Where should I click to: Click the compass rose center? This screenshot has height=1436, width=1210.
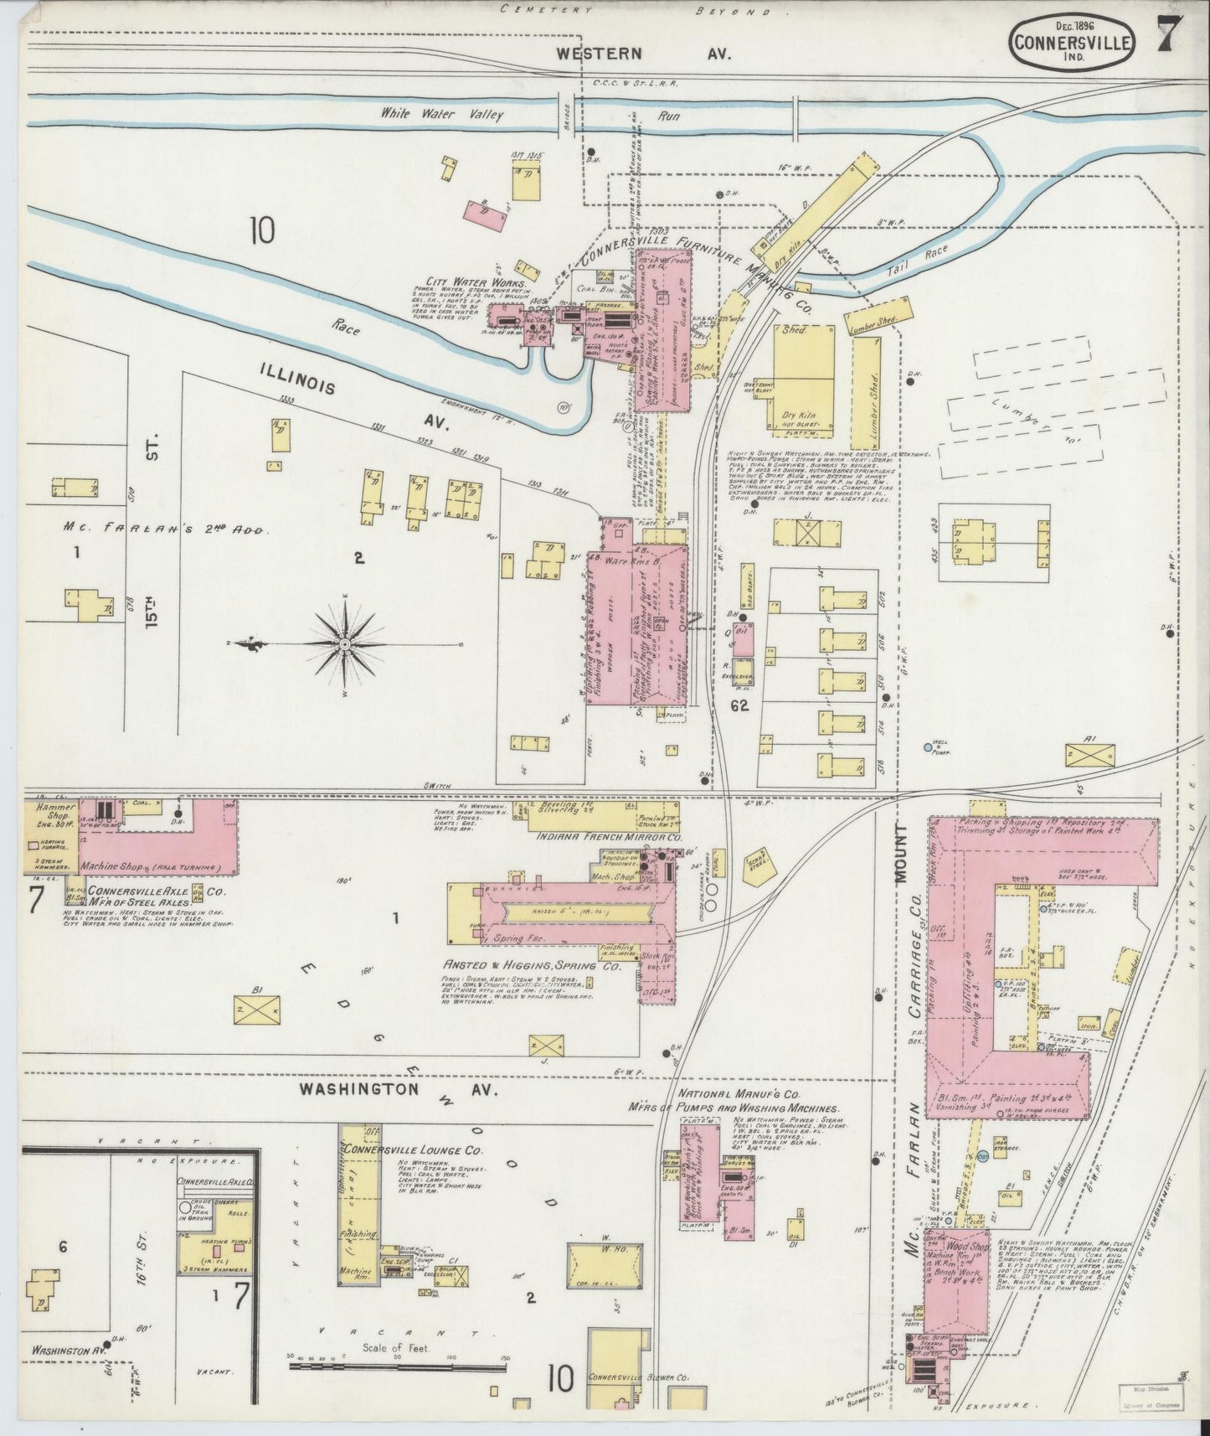point(344,643)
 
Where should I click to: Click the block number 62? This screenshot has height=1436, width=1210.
point(739,706)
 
